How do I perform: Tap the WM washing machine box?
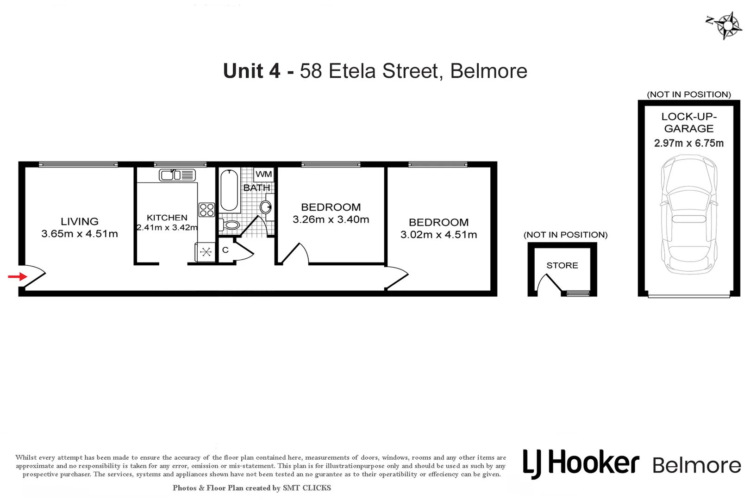click(264, 174)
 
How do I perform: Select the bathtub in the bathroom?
click(229, 190)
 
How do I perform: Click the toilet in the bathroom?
click(230, 225)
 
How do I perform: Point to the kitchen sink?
click(177, 175)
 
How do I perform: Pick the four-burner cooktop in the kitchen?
click(206, 210)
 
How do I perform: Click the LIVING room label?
click(80, 222)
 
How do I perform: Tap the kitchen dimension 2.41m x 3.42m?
click(167, 228)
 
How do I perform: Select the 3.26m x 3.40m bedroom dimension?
click(331, 220)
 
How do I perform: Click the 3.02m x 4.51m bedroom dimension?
click(438, 235)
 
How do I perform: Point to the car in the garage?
click(689, 214)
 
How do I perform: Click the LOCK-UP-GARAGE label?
click(689, 123)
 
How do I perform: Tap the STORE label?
click(562, 265)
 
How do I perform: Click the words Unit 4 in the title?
click(251, 71)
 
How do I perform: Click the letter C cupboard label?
click(225, 250)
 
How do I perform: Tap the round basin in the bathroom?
click(266, 207)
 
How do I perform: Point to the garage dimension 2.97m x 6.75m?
click(689, 144)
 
